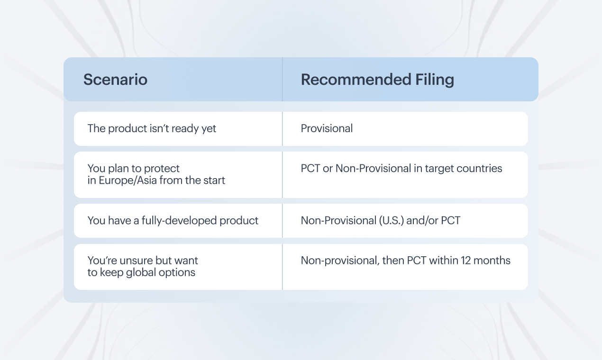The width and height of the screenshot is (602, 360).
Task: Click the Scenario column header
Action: pos(115,80)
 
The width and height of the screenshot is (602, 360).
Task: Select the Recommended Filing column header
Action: pos(377,80)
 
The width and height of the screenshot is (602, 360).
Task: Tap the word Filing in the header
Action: pos(435,80)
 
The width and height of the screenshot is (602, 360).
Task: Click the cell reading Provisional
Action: pos(327,128)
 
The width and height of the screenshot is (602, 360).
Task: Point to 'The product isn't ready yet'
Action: pos(152,129)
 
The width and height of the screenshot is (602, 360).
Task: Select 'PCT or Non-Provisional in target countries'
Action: pos(401,169)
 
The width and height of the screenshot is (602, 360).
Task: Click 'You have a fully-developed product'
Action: pos(173,221)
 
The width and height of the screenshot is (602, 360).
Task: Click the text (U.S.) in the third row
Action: pos(392,221)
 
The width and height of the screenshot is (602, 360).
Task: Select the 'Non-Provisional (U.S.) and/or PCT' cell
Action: pos(381,221)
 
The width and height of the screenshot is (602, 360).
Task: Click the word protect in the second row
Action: pos(162,169)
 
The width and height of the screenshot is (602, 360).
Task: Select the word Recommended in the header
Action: pos(356,80)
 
